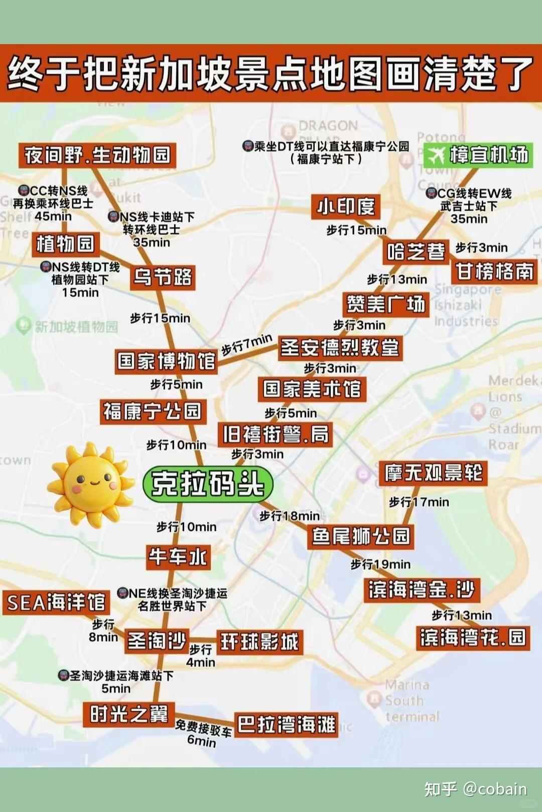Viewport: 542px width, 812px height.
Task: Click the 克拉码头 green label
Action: tap(208, 484)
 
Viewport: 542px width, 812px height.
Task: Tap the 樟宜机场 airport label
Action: tap(478, 155)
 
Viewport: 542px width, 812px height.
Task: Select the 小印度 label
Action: tap(345, 207)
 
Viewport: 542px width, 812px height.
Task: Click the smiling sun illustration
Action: tap(91, 484)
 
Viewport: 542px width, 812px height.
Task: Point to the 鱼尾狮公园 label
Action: tap(361, 536)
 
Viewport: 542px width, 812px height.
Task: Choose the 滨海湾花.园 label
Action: tap(473, 638)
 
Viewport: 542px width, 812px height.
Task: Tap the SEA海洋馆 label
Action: tap(56, 602)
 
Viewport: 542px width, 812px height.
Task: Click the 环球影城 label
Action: tap(260, 642)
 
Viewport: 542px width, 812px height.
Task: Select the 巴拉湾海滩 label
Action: tap(286, 724)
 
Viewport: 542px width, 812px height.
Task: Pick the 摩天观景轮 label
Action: tap(433, 473)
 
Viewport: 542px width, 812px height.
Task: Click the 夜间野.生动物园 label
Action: tap(97, 155)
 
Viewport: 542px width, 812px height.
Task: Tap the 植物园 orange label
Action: tap(65, 244)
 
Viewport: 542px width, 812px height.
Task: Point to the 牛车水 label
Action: tap(178, 557)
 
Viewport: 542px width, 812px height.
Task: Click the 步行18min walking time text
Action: tap(289, 516)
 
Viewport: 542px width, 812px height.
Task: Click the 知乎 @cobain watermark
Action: tap(475, 789)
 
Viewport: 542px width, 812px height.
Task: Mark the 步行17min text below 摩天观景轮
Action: tap(419, 502)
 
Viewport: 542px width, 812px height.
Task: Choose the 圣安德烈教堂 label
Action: tap(340, 347)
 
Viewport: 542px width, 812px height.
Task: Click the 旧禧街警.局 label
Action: tap(276, 434)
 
